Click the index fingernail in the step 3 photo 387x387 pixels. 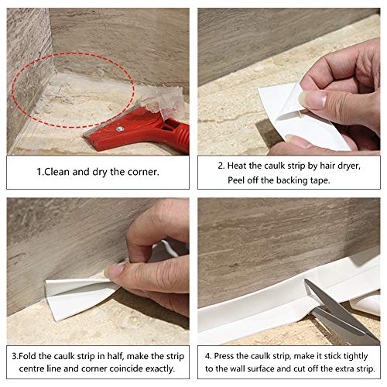pyautogui.click(x=116, y=271)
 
